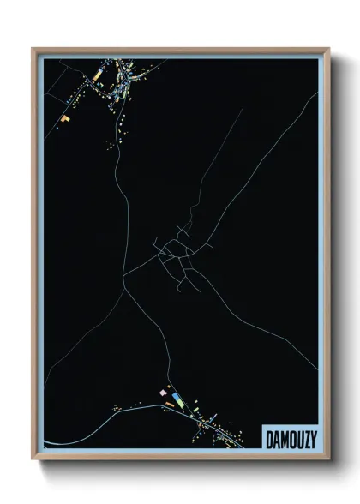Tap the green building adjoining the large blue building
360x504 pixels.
coord(184,400)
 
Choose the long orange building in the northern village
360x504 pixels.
coord(97,75)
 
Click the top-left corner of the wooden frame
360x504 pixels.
coord(33,49)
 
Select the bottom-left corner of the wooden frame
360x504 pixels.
coord(33,456)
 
